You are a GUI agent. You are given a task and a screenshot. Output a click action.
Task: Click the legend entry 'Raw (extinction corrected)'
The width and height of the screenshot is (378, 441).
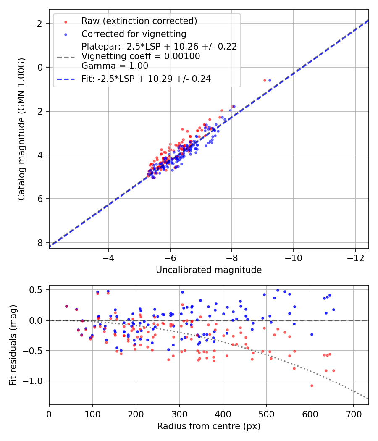coord(139,21)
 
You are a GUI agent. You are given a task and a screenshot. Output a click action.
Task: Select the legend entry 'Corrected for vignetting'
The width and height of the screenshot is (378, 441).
coord(134,34)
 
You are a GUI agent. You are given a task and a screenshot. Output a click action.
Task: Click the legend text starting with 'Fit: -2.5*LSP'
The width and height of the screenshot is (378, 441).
coord(146,79)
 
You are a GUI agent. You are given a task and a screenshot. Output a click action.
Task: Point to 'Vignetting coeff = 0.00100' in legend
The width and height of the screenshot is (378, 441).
coord(141,56)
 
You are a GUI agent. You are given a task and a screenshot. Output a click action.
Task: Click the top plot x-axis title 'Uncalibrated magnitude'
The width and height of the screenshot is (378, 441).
coord(209,270)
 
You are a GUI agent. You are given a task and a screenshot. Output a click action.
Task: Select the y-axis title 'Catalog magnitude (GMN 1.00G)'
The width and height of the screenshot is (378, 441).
coord(21,129)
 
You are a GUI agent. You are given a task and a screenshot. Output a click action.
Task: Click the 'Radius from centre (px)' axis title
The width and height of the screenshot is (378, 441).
coord(209,426)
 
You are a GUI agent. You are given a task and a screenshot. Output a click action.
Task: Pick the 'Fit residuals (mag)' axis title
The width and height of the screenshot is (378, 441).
coord(13,345)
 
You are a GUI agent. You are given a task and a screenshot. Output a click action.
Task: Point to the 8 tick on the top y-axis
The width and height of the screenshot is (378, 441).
coord(40,243)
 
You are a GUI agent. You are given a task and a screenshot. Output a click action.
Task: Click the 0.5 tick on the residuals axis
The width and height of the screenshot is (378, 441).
coord(37,290)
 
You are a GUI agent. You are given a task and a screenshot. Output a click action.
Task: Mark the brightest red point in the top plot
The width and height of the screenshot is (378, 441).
coord(265,80)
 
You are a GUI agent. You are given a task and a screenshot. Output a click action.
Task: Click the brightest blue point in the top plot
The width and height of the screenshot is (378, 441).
coord(270,80)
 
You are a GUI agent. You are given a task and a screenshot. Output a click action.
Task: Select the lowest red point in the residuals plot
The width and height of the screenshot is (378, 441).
coord(312,386)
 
